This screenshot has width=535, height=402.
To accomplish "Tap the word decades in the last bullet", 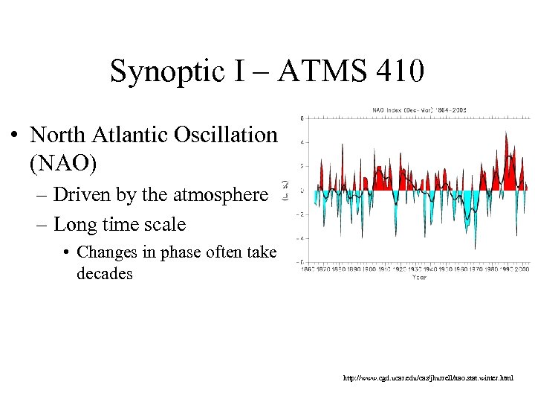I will (x=105, y=273).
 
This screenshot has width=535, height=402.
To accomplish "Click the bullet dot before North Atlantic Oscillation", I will (x=14, y=137).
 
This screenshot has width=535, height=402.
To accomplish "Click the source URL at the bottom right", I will (x=427, y=378).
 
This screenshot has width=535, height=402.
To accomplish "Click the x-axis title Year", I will (x=420, y=277).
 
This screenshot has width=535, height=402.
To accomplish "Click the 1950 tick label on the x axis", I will (x=456, y=268).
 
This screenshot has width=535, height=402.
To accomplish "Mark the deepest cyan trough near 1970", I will (x=475, y=248).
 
